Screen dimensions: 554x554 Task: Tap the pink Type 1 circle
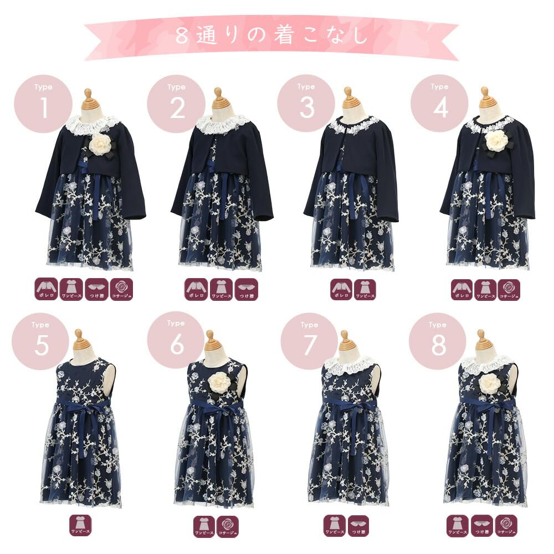pos(43,104)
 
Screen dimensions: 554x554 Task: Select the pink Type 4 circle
pos(440,104)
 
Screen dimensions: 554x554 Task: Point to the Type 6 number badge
pos(176,340)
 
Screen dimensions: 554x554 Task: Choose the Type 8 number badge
pos(438,341)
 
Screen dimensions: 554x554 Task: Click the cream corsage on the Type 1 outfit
pos(101,143)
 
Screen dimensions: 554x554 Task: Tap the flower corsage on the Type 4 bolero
pos(496,140)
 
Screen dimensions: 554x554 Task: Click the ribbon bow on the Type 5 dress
pos(83,410)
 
